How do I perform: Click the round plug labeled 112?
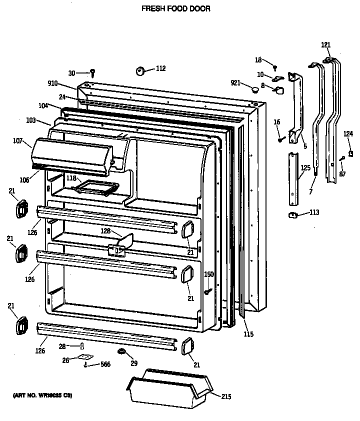[x=140, y=71]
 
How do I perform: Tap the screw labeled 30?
[x=92, y=73]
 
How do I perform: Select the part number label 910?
[x=52, y=83]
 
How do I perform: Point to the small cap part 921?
[x=255, y=90]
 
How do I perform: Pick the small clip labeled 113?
[x=293, y=215]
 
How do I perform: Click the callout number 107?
[x=18, y=141]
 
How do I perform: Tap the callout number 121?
[x=325, y=45]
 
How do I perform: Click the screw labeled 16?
[x=281, y=139]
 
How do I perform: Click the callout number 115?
[x=248, y=334]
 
